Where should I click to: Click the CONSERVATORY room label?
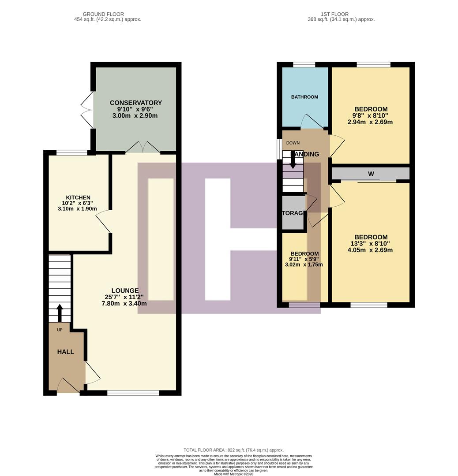pos(136,103)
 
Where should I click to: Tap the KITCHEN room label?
pos(78,197)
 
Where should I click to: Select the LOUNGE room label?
pos(125,290)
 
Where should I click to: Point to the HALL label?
pos(65,352)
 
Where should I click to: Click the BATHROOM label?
pos(304,97)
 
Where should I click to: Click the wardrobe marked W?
pos(371,174)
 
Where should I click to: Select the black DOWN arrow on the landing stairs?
pos(293,163)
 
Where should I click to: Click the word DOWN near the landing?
pos(293,143)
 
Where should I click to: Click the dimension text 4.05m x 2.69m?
pos(370,250)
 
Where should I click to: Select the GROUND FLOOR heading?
pos(103,14)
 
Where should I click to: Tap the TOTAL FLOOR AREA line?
pos(233,450)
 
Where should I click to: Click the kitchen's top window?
pos(72,153)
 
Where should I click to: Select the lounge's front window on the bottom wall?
pos(133,393)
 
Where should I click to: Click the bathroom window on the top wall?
pos(304,65)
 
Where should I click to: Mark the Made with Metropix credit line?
pos(233,474)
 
